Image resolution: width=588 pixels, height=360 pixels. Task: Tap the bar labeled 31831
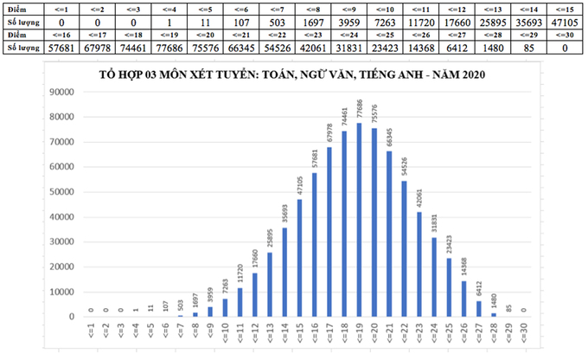coord(434,277)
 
